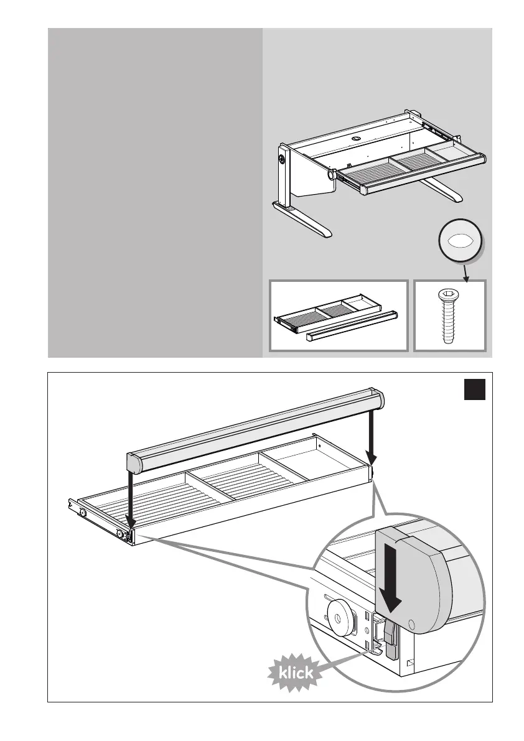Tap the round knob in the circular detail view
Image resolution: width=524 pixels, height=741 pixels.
coord(337,619)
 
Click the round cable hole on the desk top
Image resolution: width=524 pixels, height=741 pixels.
coord(358,137)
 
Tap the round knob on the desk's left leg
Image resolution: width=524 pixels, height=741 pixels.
coord(283,159)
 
